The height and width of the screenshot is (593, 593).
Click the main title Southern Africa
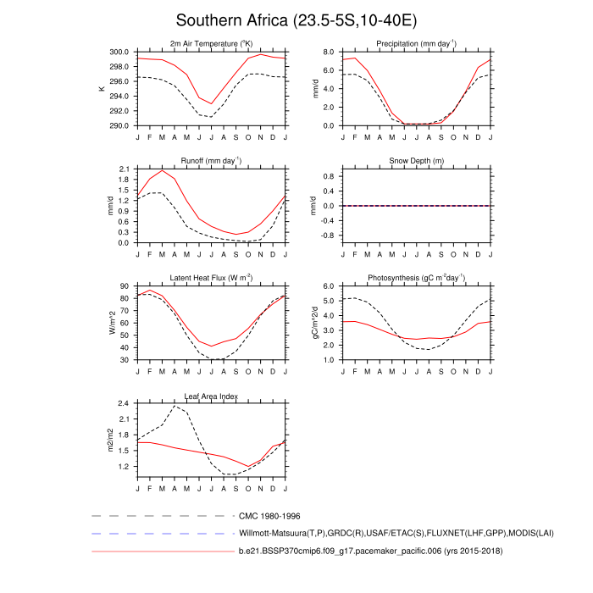(x=296, y=19)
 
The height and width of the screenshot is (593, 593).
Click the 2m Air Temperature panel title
(x=211, y=43)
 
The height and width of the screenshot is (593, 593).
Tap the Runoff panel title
(x=211, y=161)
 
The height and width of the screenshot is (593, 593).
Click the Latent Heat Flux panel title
(x=211, y=279)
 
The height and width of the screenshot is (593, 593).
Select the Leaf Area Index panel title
(x=211, y=396)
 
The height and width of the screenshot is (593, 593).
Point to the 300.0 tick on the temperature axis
(x=119, y=52)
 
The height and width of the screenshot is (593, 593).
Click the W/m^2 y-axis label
(x=109, y=324)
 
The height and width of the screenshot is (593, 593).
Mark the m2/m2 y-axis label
(x=109, y=441)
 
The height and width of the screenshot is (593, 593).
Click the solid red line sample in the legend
(x=161, y=552)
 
